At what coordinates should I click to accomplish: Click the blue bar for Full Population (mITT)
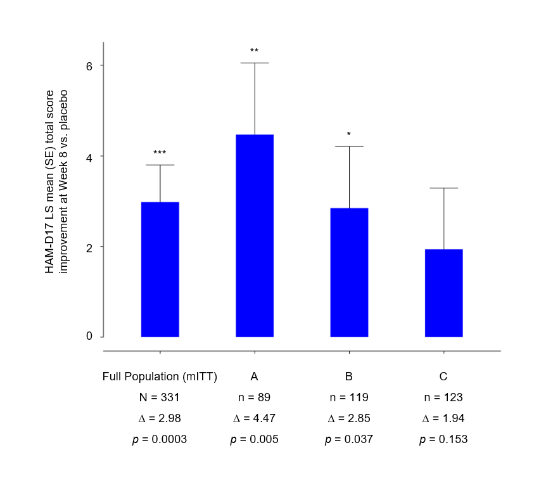[x=160, y=269]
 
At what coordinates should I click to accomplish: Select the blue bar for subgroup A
[x=254, y=236]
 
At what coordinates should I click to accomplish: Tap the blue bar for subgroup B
[x=349, y=273]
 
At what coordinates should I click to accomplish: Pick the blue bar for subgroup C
[x=443, y=293]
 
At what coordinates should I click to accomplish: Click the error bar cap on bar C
[x=443, y=188]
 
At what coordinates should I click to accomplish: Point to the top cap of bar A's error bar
[x=254, y=63]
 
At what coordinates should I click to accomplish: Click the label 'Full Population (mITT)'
[x=160, y=377]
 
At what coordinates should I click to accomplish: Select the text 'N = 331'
[x=160, y=397]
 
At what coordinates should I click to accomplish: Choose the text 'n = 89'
[x=254, y=397]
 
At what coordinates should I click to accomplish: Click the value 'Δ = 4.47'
[x=254, y=418]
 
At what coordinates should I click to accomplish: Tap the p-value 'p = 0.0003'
[x=160, y=439]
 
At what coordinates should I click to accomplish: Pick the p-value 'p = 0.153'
[x=443, y=439]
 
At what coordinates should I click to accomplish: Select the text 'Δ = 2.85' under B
[x=349, y=418]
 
